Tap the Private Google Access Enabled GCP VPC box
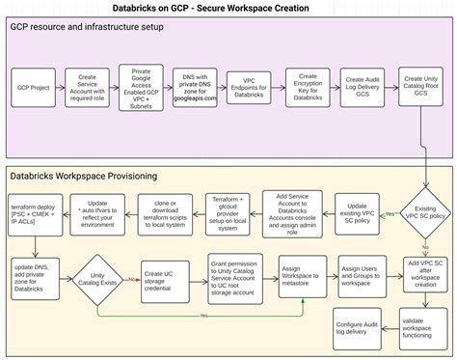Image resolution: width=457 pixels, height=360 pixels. coord(142,87)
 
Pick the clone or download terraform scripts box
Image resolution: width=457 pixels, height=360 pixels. coord(165,211)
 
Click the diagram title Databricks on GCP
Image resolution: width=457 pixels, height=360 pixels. coord(228,8)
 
